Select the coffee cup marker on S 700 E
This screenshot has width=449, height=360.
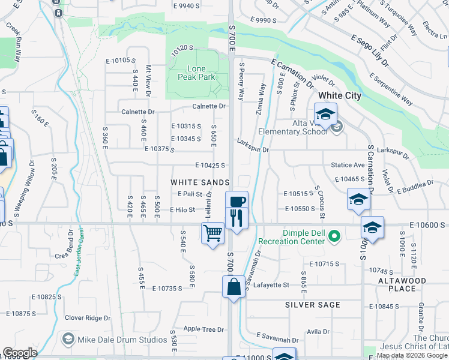237,202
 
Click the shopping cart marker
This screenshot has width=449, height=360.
213,233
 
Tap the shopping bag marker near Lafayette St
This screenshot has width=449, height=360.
234,286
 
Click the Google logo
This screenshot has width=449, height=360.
20,353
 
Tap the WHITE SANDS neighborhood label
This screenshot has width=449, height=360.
200,182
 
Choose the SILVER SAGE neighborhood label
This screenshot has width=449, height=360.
313,305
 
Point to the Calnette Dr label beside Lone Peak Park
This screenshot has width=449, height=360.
208,106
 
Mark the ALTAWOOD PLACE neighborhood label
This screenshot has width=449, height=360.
402,284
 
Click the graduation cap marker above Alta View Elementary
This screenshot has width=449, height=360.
325,114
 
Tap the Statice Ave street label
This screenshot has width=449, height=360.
348,164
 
